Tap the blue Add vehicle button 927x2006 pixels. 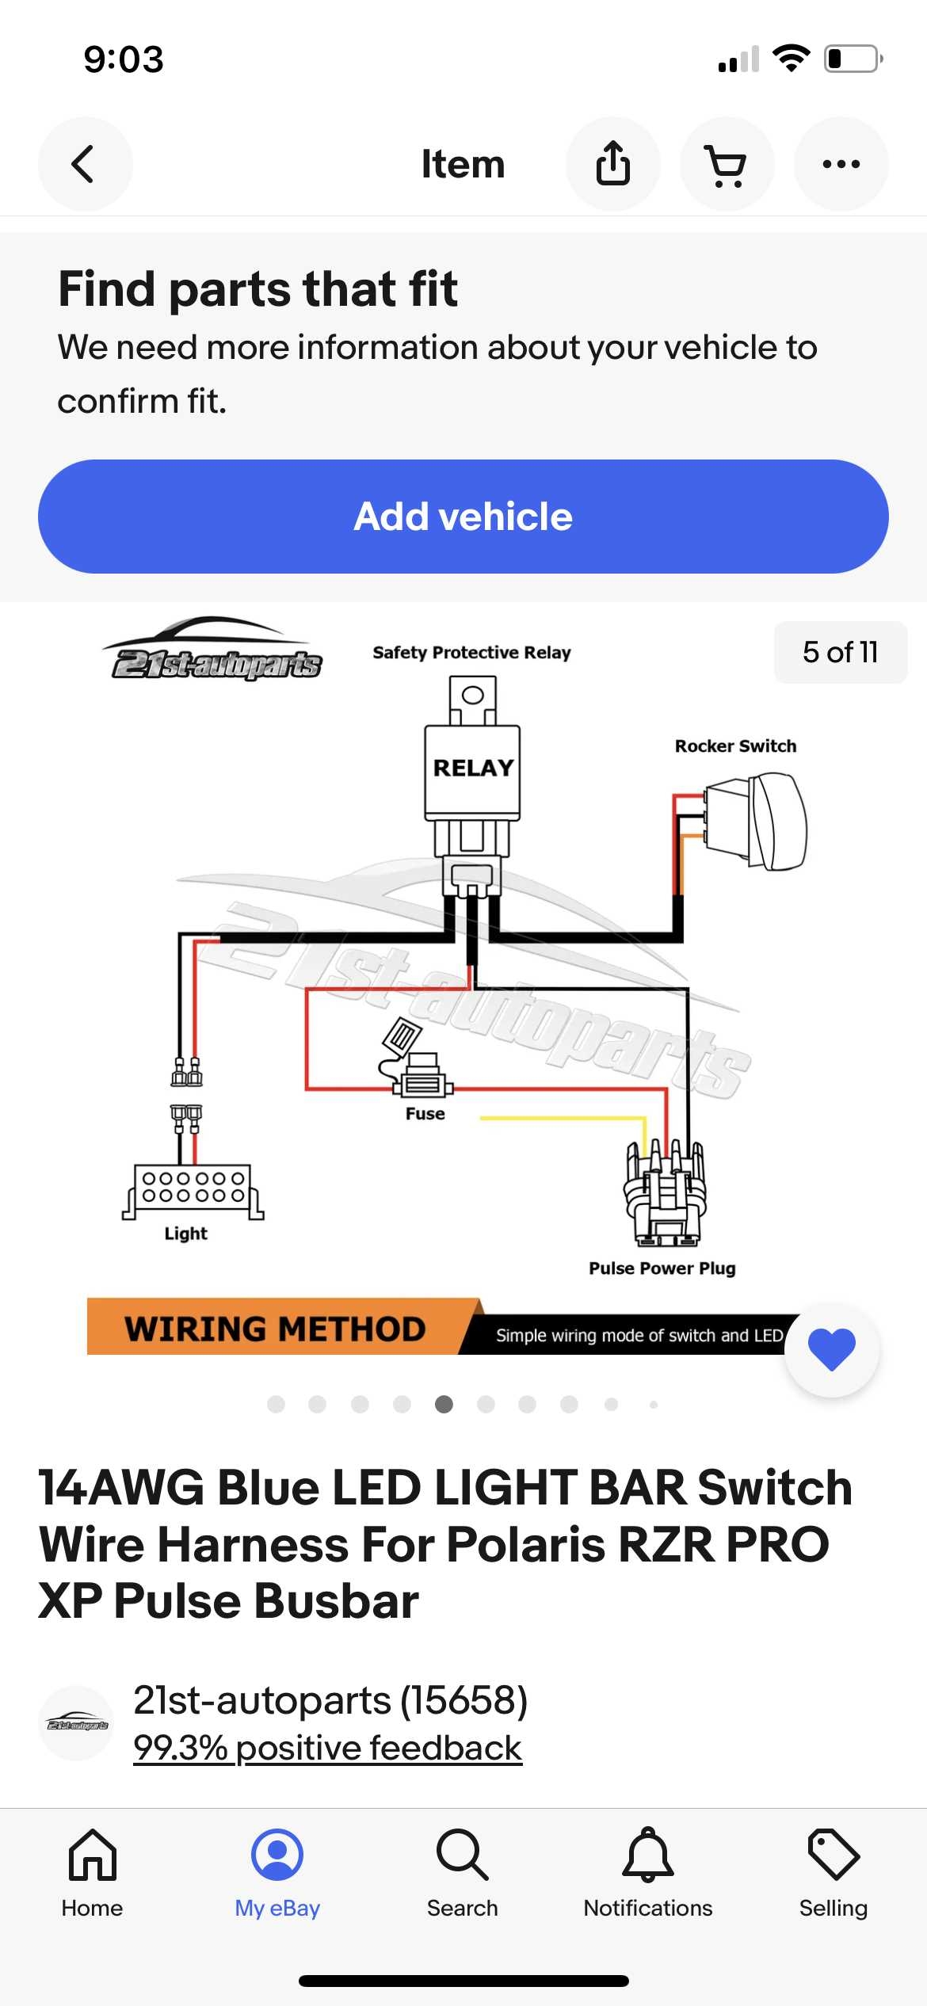pos(463,517)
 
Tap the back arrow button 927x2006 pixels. pos(85,164)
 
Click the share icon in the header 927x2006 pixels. pos(612,164)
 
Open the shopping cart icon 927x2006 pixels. pos(726,165)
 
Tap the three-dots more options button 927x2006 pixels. pos(841,164)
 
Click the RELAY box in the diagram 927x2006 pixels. pos(472,768)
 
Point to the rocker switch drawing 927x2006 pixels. pos(757,821)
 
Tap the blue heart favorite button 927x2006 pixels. pos(831,1348)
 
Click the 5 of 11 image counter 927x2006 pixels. pos(840,652)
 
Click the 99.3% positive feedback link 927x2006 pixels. pos(327,1748)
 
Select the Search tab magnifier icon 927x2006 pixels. pos(462,1855)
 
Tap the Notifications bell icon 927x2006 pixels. pos(647,1855)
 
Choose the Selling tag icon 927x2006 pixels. pos(833,1855)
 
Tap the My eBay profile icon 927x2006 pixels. pos(277,1855)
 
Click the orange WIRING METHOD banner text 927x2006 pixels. pos(274,1329)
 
